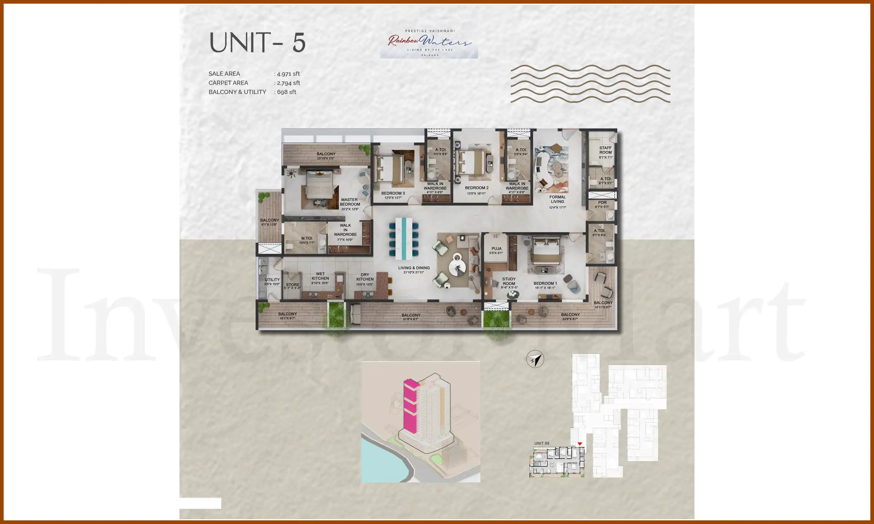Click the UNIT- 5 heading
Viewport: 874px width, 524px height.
[x=257, y=43]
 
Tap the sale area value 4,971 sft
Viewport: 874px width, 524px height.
[x=288, y=74]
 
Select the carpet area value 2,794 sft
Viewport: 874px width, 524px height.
[x=288, y=83]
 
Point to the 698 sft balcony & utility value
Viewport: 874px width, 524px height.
[x=286, y=92]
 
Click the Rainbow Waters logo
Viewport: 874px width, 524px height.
[x=429, y=43]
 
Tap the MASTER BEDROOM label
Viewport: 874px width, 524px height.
[x=350, y=202]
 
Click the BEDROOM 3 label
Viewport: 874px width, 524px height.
[x=393, y=194]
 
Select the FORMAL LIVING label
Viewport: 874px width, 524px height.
[x=557, y=199]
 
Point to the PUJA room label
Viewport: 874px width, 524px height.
[x=496, y=249]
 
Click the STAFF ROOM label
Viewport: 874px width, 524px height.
[x=605, y=150]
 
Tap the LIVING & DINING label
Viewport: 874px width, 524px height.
[x=414, y=268]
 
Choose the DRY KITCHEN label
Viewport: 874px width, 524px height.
[x=365, y=277]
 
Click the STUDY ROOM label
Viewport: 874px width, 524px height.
[x=509, y=281]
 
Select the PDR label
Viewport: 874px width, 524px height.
[x=602, y=203]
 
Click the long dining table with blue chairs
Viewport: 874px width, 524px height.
[x=403, y=238]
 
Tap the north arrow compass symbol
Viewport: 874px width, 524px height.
[x=535, y=360]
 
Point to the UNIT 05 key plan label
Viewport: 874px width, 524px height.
[x=542, y=443]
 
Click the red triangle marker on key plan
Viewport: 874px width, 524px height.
[x=580, y=444]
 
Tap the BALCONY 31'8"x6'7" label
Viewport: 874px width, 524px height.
[x=411, y=315]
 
